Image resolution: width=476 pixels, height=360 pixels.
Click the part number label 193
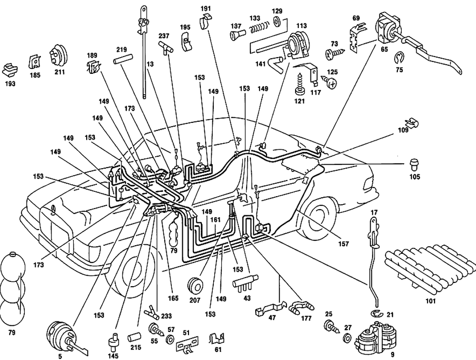coord(10,83)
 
